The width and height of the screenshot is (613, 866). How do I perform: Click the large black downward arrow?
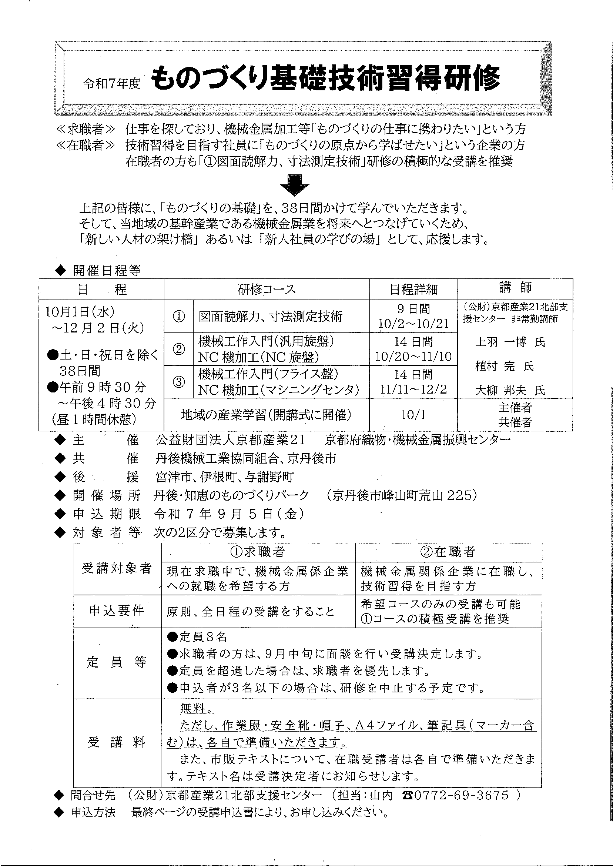tap(295, 185)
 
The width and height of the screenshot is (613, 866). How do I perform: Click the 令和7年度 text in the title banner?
tap(112, 83)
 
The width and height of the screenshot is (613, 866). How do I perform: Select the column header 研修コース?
tap(267, 290)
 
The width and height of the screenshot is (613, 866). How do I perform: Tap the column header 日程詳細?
tap(413, 290)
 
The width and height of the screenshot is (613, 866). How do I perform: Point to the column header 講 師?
tap(515, 288)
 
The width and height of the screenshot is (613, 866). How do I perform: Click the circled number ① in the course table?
tap(178, 316)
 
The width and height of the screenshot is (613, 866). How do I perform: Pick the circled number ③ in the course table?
tap(178, 382)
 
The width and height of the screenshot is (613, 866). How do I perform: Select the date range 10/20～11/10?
tap(413, 357)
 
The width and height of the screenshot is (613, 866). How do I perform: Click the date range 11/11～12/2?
tap(413, 389)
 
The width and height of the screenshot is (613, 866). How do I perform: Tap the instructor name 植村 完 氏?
tap(505, 366)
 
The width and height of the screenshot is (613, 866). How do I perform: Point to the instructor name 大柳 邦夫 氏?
tap(510, 390)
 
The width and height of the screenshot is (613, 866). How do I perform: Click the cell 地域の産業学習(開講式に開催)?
tap(267, 415)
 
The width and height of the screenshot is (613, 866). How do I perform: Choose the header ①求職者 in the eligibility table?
tap(258, 552)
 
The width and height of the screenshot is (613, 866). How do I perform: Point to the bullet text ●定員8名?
tap(197, 638)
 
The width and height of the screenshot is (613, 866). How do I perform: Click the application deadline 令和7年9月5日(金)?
tap(229, 514)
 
